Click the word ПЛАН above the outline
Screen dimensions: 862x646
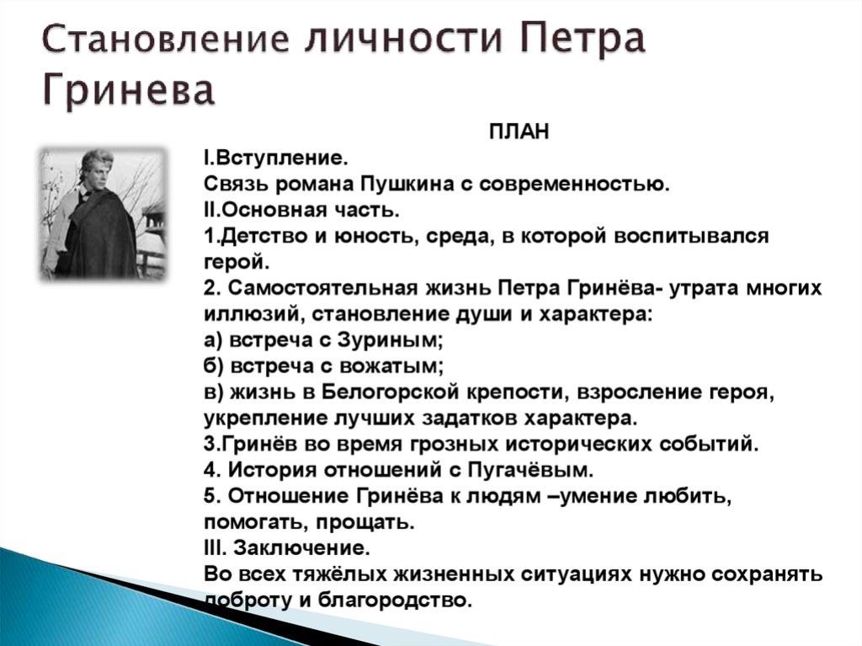[519, 132]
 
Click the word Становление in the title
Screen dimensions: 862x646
[166, 38]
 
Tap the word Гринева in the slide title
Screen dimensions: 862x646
[128, 90]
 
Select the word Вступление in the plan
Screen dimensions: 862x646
[281, 158]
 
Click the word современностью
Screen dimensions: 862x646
[574, 184]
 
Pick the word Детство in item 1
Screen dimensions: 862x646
[259, 237]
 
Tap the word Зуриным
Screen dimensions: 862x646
[390, 340]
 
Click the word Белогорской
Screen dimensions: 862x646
[391, 392]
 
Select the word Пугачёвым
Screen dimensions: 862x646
[531, 471]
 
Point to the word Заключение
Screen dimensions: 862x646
[301, 548]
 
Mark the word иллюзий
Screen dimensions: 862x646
[253, 315]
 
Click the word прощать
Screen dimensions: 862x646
[364, 522]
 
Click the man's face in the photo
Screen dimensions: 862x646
[97, 172]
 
